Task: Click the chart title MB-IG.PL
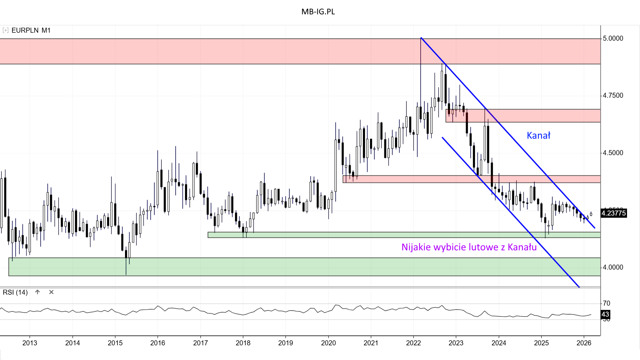point(318,12)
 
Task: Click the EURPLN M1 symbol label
point(31,30)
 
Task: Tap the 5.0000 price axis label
point(613,38)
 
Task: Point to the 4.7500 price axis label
point(613,96)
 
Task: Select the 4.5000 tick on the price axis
point(613,153)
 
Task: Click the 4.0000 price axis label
point(613,267)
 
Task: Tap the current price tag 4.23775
point(614,213)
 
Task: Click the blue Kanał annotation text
point(538,135)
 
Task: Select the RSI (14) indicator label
point(15,292)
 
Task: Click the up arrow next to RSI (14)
point(37,292)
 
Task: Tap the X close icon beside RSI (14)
point(51,292)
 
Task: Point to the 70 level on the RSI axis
point(606,303)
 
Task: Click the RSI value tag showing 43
point(605,314)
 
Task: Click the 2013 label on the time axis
point(30,343)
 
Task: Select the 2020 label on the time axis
point(328,343)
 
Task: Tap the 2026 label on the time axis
point(584,343)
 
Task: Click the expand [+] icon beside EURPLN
point(5,30)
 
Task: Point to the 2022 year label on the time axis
point(413,343)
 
